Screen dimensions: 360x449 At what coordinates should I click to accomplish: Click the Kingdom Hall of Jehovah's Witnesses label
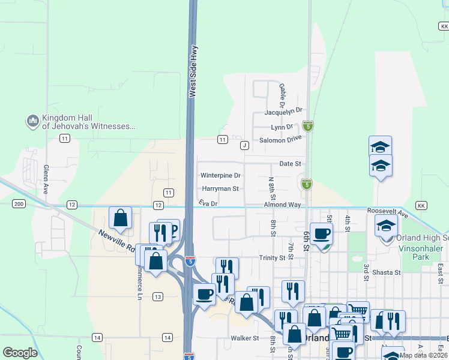pos(88,122)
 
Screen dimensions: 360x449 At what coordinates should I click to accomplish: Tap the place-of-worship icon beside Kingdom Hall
pos(32,122)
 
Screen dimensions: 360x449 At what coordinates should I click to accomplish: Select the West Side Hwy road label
pos(193,73)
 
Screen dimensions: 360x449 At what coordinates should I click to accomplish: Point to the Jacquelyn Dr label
pos(283,112)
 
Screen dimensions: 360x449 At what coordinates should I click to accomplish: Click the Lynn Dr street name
pos(282,127)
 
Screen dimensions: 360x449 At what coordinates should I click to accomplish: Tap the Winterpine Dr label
pos(220,176)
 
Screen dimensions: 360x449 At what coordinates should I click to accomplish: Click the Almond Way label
pos(282,205)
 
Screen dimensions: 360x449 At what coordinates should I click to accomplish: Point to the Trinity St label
pos(272,258)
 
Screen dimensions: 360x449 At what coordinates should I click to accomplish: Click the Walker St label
pos(244,338)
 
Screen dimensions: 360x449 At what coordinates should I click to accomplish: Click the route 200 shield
pos(19,205)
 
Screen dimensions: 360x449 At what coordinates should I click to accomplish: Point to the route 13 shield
pos(158,296)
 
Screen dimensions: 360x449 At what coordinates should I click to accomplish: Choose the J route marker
pos(244,145)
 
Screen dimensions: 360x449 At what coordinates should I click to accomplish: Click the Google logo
pos(20,353)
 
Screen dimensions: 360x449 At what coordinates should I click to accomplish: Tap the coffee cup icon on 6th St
pos(321,233)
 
